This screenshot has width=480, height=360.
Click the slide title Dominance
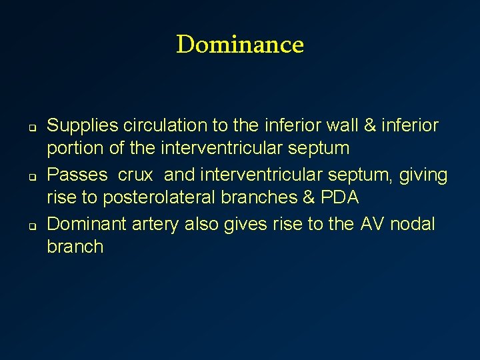[x=240, y=45]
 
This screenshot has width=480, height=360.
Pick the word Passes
[x=77, y=175]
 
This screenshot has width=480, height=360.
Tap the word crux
[x=136, y=175]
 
